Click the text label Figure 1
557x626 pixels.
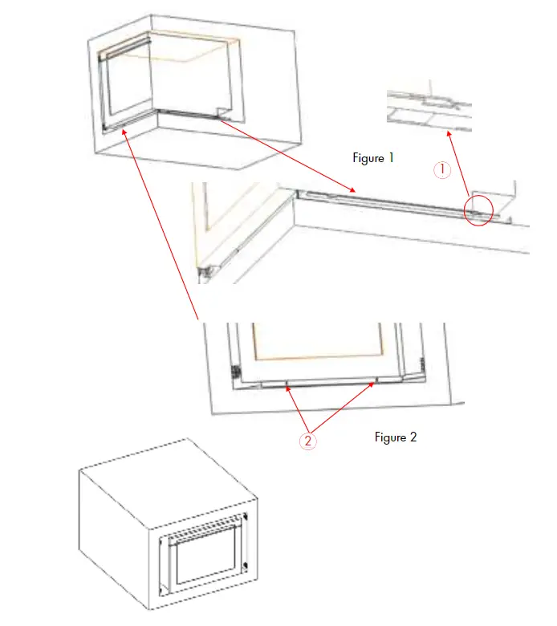373,158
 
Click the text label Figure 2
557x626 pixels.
396,437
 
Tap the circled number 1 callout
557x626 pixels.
442,169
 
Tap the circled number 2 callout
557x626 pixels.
309,441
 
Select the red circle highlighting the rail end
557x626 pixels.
481,209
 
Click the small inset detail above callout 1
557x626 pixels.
429,111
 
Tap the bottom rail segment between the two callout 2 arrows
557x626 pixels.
329,384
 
